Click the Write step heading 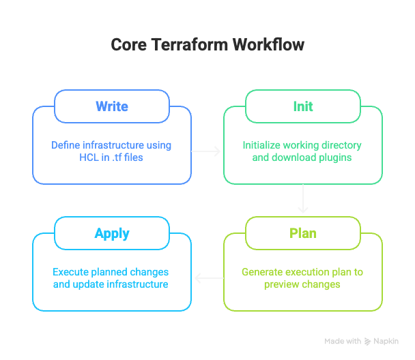click(x=112, y=106)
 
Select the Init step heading click(x=303, y=106)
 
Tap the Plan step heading click(x=303, y=233)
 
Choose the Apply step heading click(x=112, y=233)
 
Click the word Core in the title click(x=128, y=45)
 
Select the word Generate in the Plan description click(x=262, y=272)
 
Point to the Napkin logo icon click(x=368, y=341)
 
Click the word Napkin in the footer click(x=386, y=341)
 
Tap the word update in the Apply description click(x=86, y=284)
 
